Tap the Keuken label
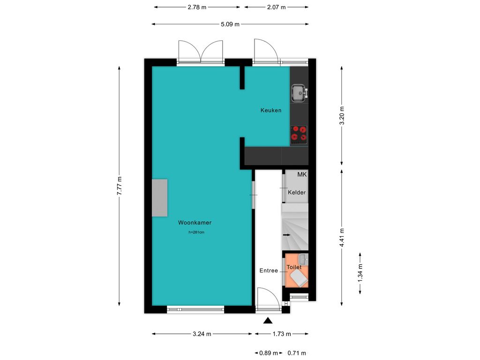271,110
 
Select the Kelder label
297,192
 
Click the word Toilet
294,267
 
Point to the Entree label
269,270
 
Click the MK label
302,174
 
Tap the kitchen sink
299,93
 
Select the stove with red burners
299,135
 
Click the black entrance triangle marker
268,320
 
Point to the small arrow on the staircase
287,235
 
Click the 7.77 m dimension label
120,186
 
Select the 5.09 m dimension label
230,24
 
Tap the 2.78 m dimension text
197,7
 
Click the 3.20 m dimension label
342,115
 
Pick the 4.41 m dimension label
342,238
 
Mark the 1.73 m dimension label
282,334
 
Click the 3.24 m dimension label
202,334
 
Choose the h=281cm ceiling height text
196,232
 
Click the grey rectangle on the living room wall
159,198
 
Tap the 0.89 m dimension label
269,353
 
